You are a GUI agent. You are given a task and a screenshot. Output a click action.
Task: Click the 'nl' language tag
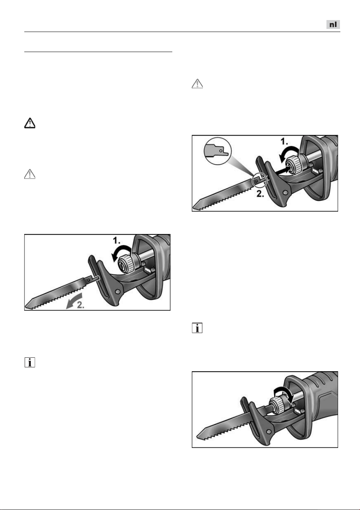(x=333, y=24)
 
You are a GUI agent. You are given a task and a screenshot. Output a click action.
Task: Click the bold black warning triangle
(x=30, y=123)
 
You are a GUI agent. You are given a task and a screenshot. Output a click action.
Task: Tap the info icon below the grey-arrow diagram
(x=30, y=362)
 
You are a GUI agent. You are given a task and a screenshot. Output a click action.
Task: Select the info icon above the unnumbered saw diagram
(x=197, y=328)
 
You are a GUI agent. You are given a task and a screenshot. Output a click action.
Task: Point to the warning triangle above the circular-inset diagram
(x=197, y=84)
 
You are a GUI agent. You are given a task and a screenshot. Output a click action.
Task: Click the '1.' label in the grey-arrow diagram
(x=116, y=241)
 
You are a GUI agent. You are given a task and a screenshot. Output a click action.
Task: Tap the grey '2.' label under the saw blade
(x=81, y=305)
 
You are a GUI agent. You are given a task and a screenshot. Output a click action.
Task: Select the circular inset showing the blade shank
(x=218, y=151)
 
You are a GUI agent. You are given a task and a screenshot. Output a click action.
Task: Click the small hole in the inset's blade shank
(x=220, y=151)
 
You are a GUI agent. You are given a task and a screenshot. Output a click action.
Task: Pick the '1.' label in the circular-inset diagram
(x=284, y=141)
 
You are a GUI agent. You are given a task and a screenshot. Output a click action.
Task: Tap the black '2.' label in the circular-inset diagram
(x=260, y=194)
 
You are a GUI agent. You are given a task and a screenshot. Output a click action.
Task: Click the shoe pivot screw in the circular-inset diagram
(x=285, y=193)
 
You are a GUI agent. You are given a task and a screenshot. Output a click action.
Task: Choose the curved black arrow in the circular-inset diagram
(x=288, y=153)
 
